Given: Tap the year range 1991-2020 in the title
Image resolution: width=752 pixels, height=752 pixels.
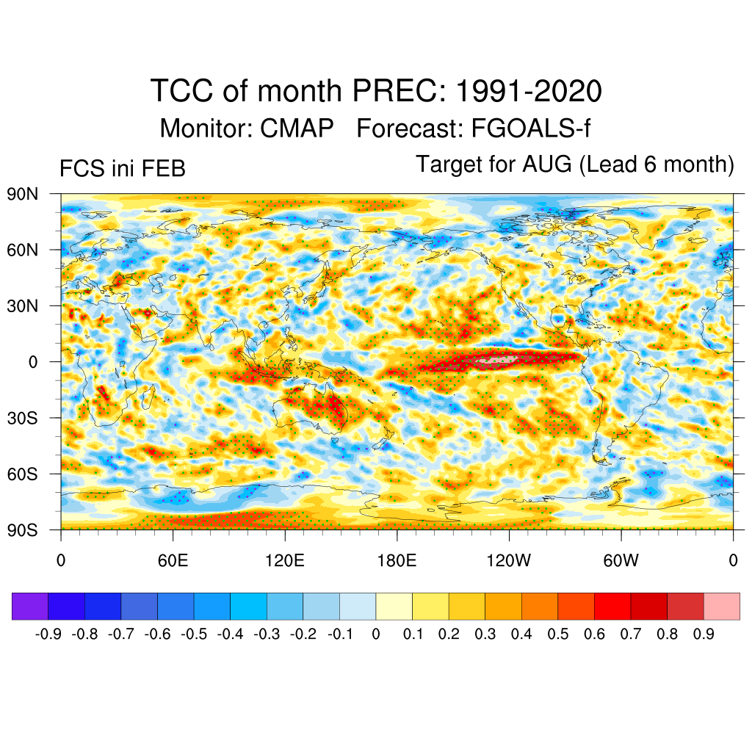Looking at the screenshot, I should pyautogui.click(x=529, y=92).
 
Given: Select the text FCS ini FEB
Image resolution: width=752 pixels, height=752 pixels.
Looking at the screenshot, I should pyautogui.click(x=122, y=170).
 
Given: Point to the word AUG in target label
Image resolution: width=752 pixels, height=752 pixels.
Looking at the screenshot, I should pyautogui.click(x=546, y=164).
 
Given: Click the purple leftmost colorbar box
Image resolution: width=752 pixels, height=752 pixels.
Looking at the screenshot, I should pyautogui.click(x=30, y=607).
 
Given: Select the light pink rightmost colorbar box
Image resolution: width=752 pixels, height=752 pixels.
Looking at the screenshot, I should pyautogui.click(x=721, y=607).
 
